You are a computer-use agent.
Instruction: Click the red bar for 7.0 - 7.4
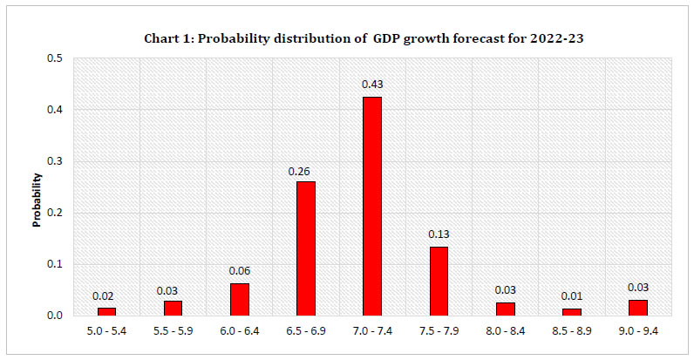(372, 206)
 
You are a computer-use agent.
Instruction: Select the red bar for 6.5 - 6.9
(306, 248)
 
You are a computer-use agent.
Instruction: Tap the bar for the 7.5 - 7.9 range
(439, 281)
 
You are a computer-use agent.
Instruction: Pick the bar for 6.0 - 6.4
(240, 299)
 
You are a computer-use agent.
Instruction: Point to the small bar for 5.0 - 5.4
(107, 310)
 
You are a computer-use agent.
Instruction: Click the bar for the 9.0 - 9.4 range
(637, 307)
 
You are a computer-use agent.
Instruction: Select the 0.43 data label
(372, 84)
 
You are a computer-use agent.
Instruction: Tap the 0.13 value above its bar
(439, 234)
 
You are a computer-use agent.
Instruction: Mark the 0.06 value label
(240, 271)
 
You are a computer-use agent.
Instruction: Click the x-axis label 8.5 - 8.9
(571, 331)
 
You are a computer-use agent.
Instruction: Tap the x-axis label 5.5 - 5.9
(173, 331)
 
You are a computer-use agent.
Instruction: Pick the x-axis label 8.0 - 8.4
(505, 331)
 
